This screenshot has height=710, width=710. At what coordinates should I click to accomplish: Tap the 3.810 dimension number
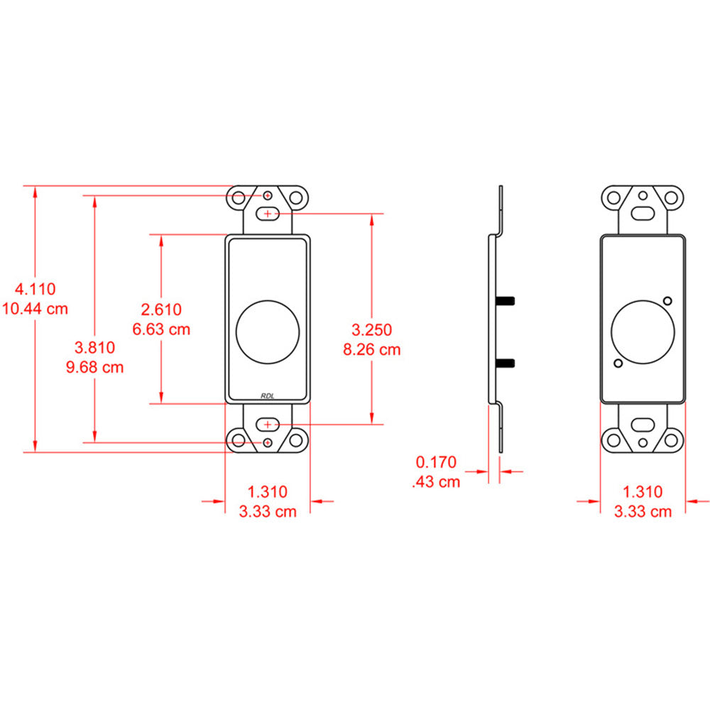[94, 348]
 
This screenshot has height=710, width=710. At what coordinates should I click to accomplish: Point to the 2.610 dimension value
[161, 310]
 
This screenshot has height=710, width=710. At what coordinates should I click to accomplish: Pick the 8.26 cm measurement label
[371, 349]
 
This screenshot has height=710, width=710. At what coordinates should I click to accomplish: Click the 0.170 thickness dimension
[435, 463]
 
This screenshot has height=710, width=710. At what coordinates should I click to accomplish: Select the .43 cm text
[435, 482]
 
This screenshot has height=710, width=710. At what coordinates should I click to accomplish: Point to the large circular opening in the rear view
[643, 330]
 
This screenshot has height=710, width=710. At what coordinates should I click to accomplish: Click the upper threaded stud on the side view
[506, 300]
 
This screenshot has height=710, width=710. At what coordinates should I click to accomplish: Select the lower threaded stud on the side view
[506, 363]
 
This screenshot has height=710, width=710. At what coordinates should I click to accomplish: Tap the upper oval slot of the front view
[268, 213]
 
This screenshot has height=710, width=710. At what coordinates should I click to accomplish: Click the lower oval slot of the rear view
[643, 427]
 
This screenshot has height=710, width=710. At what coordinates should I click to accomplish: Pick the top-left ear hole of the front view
[239, 197]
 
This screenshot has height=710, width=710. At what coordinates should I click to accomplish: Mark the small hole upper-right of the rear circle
[668, 299]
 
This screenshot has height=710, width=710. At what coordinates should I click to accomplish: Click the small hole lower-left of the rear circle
[618, 364]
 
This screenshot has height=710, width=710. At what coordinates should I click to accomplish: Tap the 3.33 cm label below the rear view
[642, 511]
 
